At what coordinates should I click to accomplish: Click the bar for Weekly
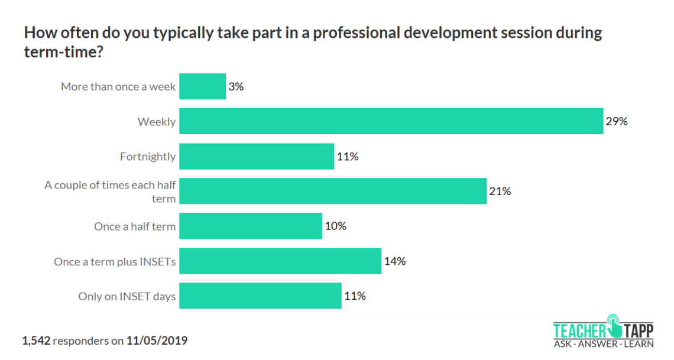(x=391, y=121)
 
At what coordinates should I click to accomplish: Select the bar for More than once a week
(x=202, y=86)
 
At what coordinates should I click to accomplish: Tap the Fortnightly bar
(x=257, y=157)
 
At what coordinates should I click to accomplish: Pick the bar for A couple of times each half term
(x=333, y=191)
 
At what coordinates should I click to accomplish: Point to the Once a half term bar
(x=251, y=226)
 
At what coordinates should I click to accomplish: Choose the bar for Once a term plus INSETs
(x=280, y=261)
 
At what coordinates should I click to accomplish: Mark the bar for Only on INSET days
(x=260, y=296)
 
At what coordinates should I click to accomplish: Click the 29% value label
(x=616, y=121)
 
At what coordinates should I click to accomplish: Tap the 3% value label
(x=236, y=86)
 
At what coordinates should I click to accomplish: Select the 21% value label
(x=500, y=191)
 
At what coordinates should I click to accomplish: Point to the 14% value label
(x=394, y=261)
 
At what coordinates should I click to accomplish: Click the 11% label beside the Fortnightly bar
(x=347, y=157)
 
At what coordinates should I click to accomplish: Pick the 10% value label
(x=335, y=226)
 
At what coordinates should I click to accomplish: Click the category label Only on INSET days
(x=127, y=296)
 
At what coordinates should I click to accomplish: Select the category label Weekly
(x=157, y=122)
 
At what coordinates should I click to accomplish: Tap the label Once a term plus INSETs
(x=115, y=261)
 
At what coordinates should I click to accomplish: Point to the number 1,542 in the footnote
(x=36, y=340)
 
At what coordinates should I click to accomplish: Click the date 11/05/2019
(x=157, y=340)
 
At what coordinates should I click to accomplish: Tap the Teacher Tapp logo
(x=603, y=330)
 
